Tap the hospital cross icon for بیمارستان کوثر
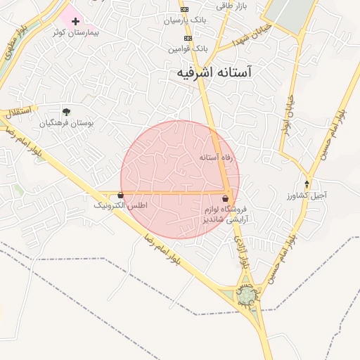click(75, 21)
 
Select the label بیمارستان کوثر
click(79, 33)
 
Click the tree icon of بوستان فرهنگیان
click(66, 111)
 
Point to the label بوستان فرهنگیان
click(66, 123)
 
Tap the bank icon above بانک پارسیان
click(184, 9)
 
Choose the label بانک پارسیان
click(186, 20)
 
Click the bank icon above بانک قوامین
click(187, 38)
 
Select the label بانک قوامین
click(188, 49)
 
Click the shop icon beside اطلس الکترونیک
click(121, 195)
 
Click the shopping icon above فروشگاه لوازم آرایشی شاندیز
click(225, 199)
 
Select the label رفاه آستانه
click(216, 157)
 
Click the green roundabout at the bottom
click(247, 298)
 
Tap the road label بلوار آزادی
click(241, 252)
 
